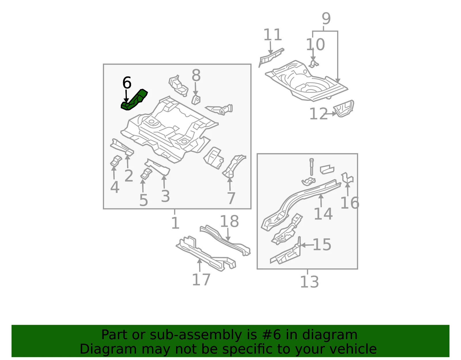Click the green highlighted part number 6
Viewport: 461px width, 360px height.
click(134, 100)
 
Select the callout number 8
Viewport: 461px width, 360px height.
click(196, 75)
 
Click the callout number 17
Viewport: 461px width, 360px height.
click(201, 280)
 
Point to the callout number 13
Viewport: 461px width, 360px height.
click(309, 282)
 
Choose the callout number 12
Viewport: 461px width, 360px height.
click(319, 114)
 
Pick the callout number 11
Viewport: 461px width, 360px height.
click(273, 35)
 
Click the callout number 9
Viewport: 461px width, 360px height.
click(326, 18)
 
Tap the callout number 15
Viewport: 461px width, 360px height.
click(322, 245)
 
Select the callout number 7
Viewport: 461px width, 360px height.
click(231, 198)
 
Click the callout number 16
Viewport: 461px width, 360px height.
click(350, 203)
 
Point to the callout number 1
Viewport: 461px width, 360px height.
click(175, 223)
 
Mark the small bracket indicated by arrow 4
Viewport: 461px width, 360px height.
click(116, 161)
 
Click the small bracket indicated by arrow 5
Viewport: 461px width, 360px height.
click(146, 174)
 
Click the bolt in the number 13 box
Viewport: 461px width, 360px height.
click(311, 167)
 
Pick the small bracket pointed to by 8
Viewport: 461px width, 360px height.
click(196, 100)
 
